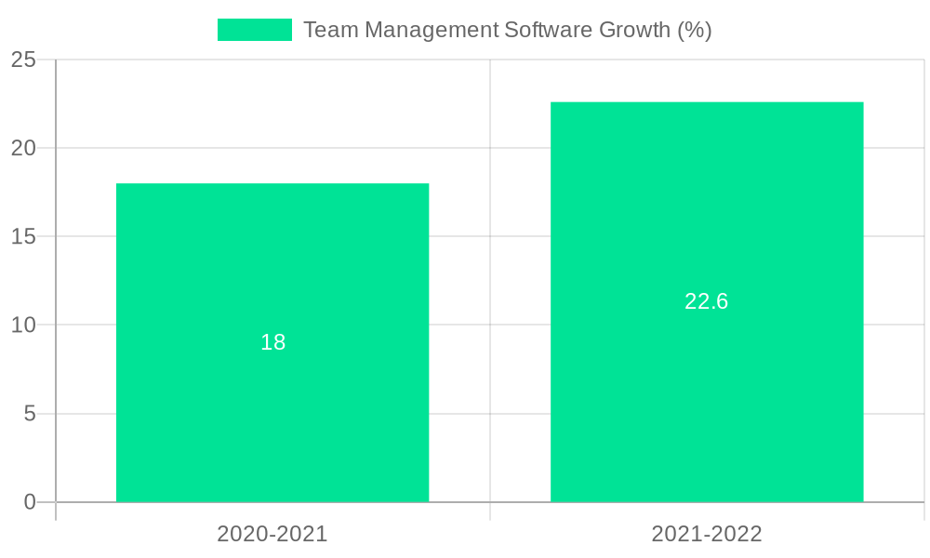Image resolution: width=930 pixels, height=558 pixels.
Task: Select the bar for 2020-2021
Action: (x=272, y=418)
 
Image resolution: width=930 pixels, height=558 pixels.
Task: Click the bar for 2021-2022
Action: (x=707, y=400)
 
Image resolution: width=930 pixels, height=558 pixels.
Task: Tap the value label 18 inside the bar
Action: (x=272, y=342)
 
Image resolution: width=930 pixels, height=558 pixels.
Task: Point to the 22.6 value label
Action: (x=707, y=301)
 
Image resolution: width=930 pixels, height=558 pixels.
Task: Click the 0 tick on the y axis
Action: (x=30, y=502)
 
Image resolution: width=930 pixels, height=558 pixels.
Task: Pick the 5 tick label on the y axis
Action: (x=30, y=414)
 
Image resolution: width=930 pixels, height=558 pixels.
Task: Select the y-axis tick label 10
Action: (x=24, y=325)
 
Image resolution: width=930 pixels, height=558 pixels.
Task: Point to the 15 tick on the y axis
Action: (x=24, y=237)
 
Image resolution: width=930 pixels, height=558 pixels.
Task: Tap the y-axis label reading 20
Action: (x=24, y=148)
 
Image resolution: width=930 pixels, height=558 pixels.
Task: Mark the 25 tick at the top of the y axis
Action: (x=24, y=60)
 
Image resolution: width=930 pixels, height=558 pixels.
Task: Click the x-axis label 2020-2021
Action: (x=272, y=534)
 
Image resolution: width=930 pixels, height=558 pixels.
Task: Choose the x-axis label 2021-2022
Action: (x=707, y=534)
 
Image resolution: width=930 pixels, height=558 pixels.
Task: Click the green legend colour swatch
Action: (x=254, y=30)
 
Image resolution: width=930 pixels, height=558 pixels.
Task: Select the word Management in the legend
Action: (x=428, y=30)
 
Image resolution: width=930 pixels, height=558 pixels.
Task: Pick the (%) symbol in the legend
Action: (x=695, y=30)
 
